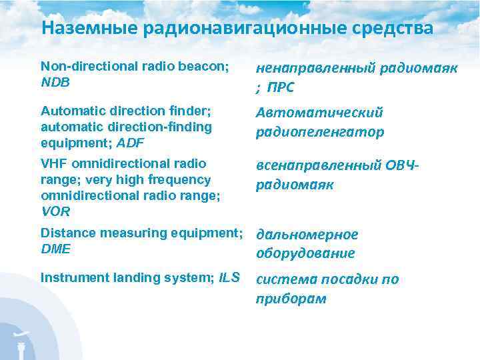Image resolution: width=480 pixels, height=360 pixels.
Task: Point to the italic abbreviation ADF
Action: [131, 142]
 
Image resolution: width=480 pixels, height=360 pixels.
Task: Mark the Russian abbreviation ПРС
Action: [281, 88]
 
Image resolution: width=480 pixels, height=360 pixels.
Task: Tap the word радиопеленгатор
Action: [321, 132]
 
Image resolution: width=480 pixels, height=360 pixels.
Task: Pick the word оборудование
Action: [306, 253]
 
